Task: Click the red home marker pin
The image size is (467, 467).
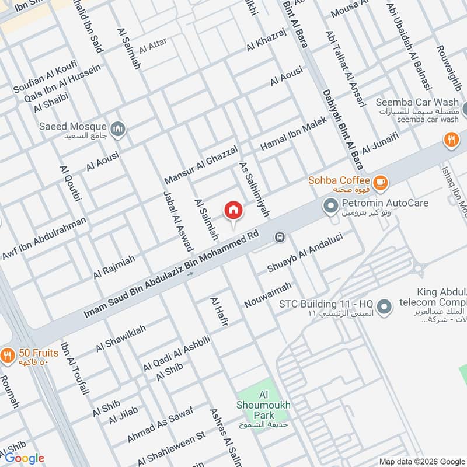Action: tap(233, 211)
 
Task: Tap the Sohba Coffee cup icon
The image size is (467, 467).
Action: tap(380, 183)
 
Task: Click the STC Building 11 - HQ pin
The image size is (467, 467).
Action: tap(384, 306)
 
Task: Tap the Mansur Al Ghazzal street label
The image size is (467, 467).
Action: tap(201, 164)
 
